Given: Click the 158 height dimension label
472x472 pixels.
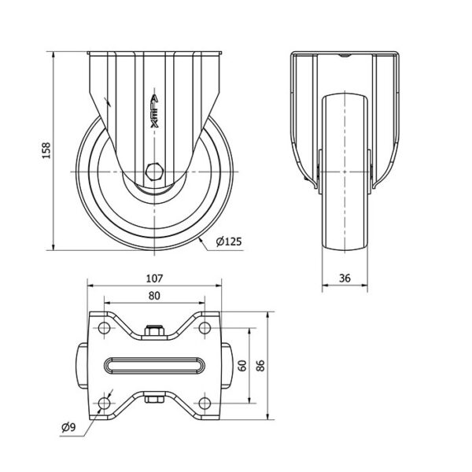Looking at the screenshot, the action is (46, 150).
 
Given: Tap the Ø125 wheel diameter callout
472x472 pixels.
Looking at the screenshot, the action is (229, 242).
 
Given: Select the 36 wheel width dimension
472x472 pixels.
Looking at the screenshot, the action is (345, 278).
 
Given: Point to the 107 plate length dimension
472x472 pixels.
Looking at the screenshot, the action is (154, 278).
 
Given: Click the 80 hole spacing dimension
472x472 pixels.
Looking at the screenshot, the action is (154, 296).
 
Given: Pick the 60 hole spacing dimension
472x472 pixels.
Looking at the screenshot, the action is (242, 366).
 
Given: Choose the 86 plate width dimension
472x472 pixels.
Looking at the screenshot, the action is (260, 366).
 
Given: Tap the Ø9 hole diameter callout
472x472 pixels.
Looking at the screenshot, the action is (69, 427).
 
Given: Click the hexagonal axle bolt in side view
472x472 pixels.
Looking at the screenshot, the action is (154, 171).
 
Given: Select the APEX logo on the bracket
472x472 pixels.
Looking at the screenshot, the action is (154, 112).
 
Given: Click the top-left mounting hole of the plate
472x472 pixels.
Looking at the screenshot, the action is (104, 327).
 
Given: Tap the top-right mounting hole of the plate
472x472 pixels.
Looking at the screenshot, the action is (205, 327).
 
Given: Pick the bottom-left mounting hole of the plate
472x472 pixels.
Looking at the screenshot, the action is (104, 403).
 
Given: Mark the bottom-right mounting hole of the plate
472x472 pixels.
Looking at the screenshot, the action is (205, 403).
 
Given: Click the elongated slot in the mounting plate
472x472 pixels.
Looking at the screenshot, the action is (154, 366).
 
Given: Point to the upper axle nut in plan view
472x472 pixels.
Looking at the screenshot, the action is (154, 330).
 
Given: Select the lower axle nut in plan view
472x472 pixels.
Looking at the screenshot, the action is (154, 399).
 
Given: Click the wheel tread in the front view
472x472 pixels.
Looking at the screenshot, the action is (345, 171).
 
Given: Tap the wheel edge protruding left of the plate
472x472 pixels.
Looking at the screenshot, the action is (82, 366).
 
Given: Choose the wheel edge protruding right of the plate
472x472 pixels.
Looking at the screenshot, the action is (227, 366).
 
